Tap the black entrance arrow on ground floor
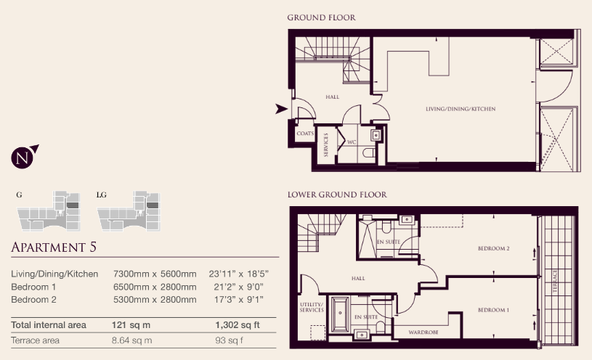click(x=281, y=109)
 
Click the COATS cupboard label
click(x=305, y=134)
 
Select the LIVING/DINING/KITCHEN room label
click(x=461, y=109)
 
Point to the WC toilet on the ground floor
click(x=369, y=153)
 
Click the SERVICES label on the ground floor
click(x=326, y=144)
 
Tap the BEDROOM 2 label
click(x=493, y=248)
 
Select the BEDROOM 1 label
click(x=493, y=310)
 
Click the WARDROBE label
click(x=423, y=332)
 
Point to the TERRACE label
click(x=555, y=281)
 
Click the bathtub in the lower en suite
click(x=340, y=314)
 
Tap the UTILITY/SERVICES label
click(x=312, y=307)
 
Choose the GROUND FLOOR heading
click(x=321, y=17)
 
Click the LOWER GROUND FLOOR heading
click(x=337, y=195)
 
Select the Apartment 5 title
click(x=54, y=247)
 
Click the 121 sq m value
click(x=131, y=325)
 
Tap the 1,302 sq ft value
click(x=238, y=325)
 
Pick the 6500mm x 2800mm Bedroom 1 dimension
click(x=155, y=287)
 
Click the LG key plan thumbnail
click(x=129, y=211)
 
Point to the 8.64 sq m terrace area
click(x=131, y=340)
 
